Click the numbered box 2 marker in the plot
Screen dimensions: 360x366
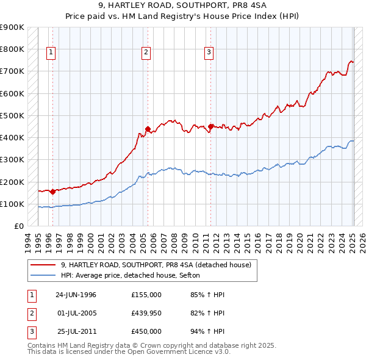146,53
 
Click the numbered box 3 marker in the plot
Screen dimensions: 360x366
209,53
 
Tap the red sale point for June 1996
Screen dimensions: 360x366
52,192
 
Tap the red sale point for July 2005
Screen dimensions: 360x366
148,129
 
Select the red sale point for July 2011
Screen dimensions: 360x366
211,127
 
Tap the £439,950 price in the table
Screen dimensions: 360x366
146,313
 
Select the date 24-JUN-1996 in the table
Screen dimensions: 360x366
76,295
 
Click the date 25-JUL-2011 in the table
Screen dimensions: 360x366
76,331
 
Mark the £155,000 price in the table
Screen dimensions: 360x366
146,295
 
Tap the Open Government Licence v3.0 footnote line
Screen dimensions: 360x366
129,352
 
